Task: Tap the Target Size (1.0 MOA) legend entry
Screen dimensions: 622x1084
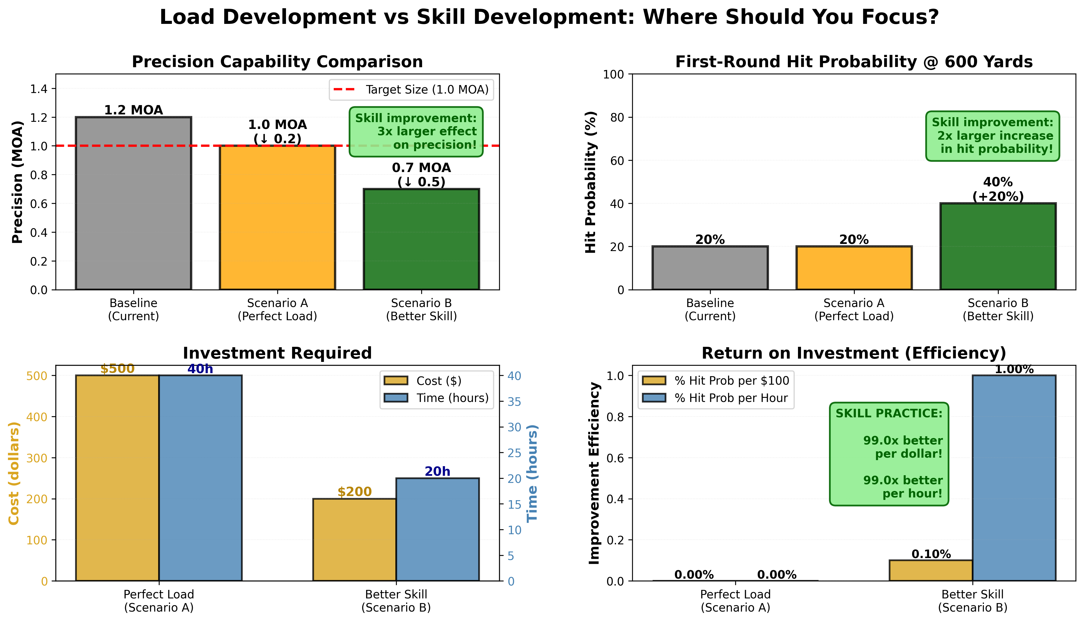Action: coord(411,90)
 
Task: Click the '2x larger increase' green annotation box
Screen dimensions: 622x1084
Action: coord(992,136)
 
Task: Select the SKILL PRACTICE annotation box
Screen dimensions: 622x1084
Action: coord(888,454)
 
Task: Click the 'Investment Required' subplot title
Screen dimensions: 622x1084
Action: coord(277,353)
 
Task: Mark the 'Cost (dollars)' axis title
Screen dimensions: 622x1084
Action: coord(14,473)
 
